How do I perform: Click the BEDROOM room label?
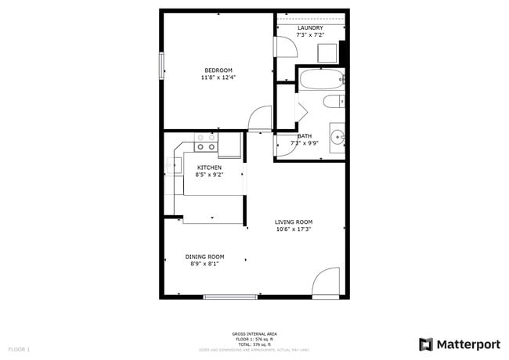pyautogui.click(x=219, y=70)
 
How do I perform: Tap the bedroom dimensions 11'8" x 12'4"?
pyautogui.click(x=219, y=77)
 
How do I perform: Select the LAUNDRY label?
pyautogui.click(x=310, y=28)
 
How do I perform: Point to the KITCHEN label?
pyautogui.click(x=209, y=167)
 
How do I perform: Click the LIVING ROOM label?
pyautogui.click(x=294, y=222)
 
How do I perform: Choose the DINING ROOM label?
pyautogui.click(x=204, y=257)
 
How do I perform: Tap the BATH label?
pyautogui.click(x=304, y=136)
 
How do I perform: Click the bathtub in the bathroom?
pyautogui.click(x=320, y=79)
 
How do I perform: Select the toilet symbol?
pyautogui.click(x=334, y=102)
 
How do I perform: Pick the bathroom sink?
pyautogui.click(x=337, y=137)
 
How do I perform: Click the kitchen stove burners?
pyautogui.click(x=206, y=142)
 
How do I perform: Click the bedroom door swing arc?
pyautogui.click(x=258, y=119)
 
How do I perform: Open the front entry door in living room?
pyautogui.click(x=325, y=283)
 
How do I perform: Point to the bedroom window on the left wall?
pyautogui.click(x=162, y=65)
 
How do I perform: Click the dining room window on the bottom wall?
pyautogui.click(x=230, y=297)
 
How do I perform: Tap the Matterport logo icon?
pyautogui.click(x=426, y=344)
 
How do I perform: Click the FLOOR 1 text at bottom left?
pyautogui.click(x=19, y=349)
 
